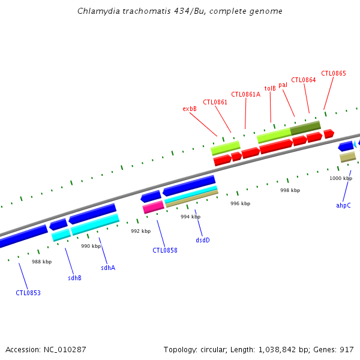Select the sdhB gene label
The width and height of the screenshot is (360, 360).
(x=74, y=278)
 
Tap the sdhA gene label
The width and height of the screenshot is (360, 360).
(x=108, y=268)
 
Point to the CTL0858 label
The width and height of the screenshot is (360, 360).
(x=164, y=250)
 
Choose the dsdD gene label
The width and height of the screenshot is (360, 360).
(x=203, y=240)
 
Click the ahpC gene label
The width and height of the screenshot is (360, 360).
(x=343, y=205)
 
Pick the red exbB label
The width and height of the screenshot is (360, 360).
(x=190, y=109)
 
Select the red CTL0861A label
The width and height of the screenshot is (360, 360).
(x=245, y=94)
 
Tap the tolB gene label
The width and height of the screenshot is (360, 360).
(x=270, y=88)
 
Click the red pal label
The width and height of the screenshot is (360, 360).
(x=283, y=85)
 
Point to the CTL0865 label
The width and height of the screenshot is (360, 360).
(x=334, y=73)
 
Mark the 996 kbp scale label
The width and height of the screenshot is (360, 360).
(x=240, y=203)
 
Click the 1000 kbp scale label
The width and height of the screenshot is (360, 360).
(x=340, y=178)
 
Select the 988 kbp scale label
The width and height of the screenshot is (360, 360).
(x=41, y=262)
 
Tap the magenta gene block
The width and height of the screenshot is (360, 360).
(x=153, y=207)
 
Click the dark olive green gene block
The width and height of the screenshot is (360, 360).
(x=305, y=128)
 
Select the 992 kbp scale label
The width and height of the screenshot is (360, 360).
(x=140, y=231)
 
